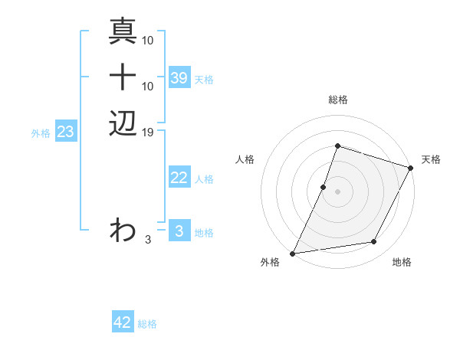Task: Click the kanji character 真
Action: point(123,33)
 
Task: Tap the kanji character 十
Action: point(123,78)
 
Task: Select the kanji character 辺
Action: point(123,123)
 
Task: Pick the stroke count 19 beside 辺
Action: point(149,132)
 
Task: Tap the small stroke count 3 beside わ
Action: point(149,239)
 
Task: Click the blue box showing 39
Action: point(179,78)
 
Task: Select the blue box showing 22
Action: point(179,178)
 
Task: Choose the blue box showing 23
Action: point(66,132)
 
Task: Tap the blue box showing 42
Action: point(123,322)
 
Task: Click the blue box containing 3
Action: point(179,231)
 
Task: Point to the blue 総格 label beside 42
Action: point(148,324)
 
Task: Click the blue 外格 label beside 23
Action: point(41,133)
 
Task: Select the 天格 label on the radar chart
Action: point(431,159)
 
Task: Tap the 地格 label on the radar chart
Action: point(402,263)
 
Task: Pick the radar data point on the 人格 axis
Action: point(324,187)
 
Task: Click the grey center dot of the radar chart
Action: point(337,191)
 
